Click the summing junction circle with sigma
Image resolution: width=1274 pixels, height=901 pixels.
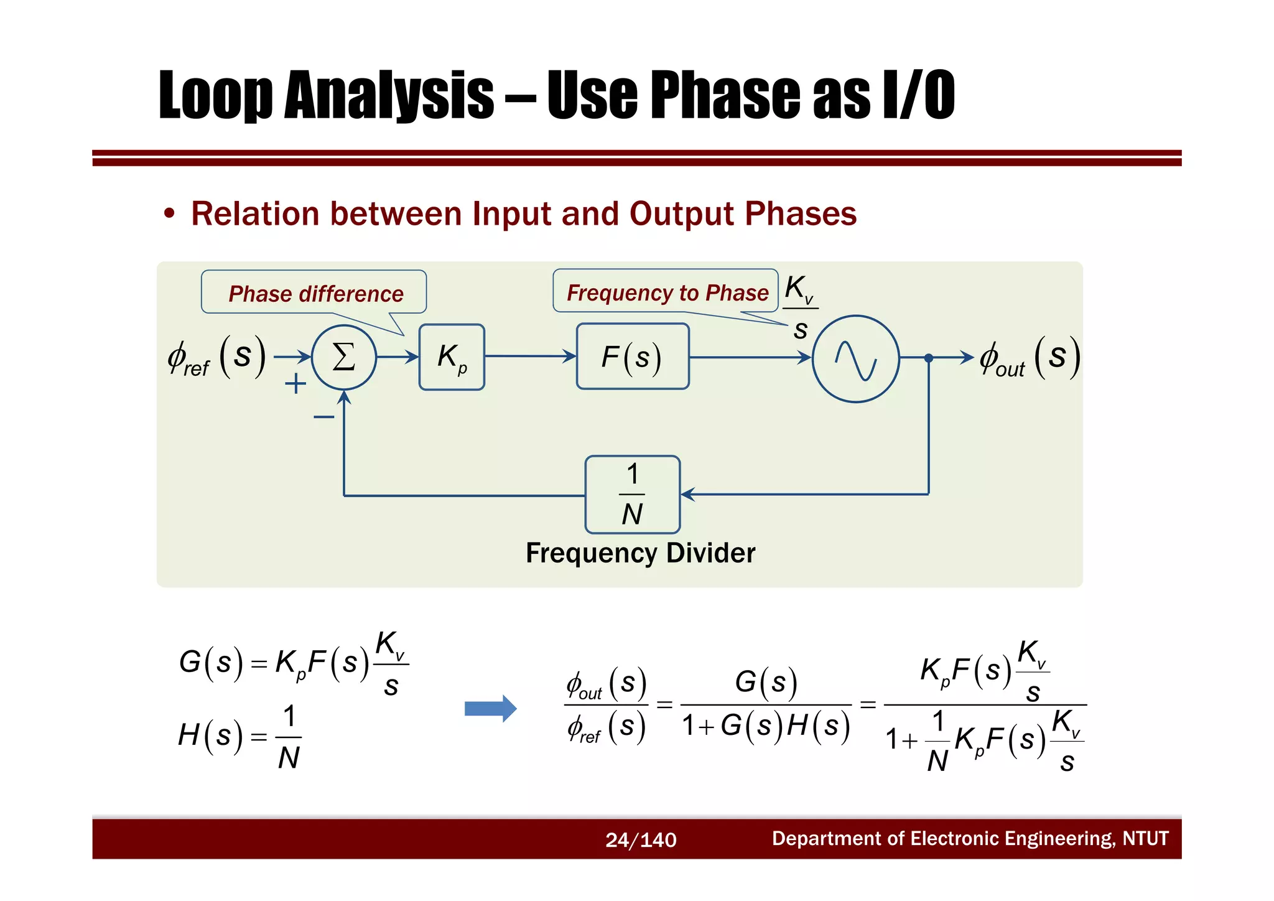[x=343, y=357]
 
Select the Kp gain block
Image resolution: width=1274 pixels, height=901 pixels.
[x=452, y=357]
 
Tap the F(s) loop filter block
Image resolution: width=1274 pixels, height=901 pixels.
[x=632, y=357]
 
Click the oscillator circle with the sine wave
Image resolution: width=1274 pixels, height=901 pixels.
[x=855, y=359]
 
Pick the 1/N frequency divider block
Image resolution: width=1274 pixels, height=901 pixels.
[x=632, y=495]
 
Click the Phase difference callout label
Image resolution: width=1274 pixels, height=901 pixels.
[x=315, y=293]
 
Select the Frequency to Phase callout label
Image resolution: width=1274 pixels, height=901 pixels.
[x=667, y=292]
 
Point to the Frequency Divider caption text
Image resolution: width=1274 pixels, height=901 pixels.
[x=640, y=553]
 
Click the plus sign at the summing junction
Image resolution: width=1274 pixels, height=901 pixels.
[x=295, y=383]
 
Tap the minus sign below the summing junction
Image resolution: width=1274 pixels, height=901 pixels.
[x=323, y=416]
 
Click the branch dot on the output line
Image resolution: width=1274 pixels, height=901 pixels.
[x=928, y=358]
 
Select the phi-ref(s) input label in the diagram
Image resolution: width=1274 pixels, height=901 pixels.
[x=216, y=358]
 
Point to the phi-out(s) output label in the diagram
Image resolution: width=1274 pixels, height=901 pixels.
[x=1029, y=358]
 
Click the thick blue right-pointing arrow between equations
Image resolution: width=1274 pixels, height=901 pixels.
[x=490, y=708]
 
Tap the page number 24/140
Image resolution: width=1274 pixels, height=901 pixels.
[x=640, y=839]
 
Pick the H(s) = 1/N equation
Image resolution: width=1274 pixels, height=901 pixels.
[x=239, y=737]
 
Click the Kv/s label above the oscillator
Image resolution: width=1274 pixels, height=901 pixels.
[x=800, y=307]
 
